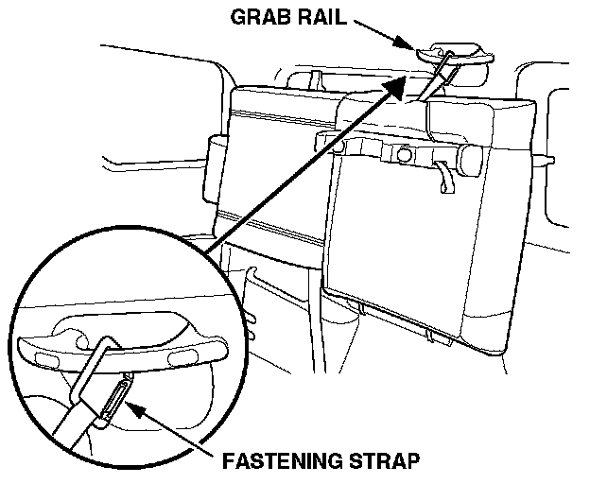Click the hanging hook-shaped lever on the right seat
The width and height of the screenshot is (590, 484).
[x=443, y=177]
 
